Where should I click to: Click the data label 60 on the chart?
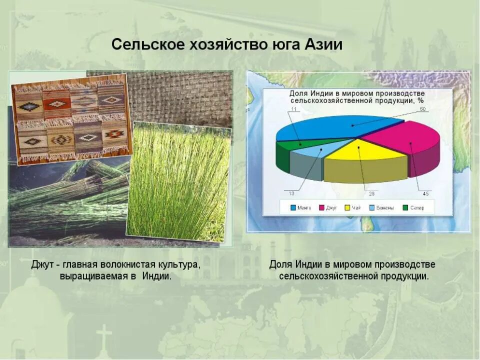tap(422, 109)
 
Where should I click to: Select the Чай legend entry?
tap(354, 207)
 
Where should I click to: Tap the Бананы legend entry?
tap(382, 207)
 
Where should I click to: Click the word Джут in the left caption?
tap(44, 264)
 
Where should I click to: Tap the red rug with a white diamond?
tap(56, 104)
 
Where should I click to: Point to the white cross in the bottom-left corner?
tap(104, 335)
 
